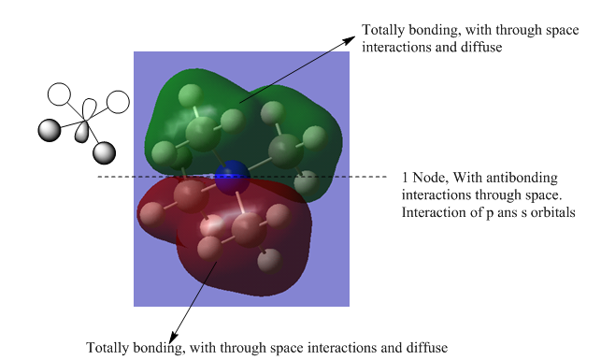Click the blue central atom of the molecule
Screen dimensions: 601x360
click(x=233, y=178)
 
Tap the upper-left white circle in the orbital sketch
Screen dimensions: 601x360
click(x=60, y=94)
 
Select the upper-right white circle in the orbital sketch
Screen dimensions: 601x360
click(x=118, y=102)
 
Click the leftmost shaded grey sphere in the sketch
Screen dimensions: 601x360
click(x=50, y=130)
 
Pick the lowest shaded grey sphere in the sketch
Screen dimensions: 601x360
click(x=104, y=153)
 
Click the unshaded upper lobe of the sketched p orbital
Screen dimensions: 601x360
click(x=90, y=109)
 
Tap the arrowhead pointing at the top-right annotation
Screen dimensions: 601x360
click(x=350, y=39)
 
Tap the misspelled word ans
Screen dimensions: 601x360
click(x=508, y=213)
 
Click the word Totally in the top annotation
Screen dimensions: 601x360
click(x=383, y=30)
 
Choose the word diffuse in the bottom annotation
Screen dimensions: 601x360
click(x=427, y=348)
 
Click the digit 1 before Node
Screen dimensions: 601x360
click(x=405, y=178)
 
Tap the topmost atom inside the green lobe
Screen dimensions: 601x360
click(x=191, y=94)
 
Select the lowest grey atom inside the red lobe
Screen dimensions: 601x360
click(x=270, y=260)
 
